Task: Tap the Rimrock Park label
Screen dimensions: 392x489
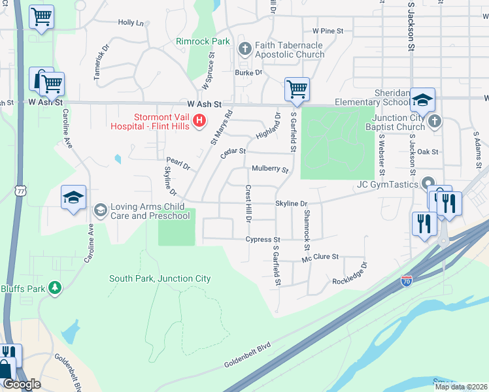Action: click(203, 41)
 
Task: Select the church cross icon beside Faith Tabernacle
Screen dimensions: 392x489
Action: click(245, 49)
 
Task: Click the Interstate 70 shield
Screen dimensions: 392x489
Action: click(406, 280)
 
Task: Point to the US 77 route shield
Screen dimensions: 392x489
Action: click(22, 190)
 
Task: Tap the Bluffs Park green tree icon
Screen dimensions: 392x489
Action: click(56, 287)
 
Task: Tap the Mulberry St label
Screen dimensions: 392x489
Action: click(270, 169)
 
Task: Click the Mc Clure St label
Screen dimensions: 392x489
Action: click(320, 258)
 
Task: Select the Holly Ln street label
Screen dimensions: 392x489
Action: click(131, 23)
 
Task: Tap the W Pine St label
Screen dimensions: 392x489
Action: click(328, 31)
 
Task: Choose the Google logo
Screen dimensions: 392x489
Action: click(22, 384)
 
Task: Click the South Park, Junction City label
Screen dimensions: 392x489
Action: click(160, 278)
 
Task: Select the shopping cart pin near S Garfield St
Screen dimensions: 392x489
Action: click(297, 89)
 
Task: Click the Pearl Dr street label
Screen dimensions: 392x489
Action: click(178, 163)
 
